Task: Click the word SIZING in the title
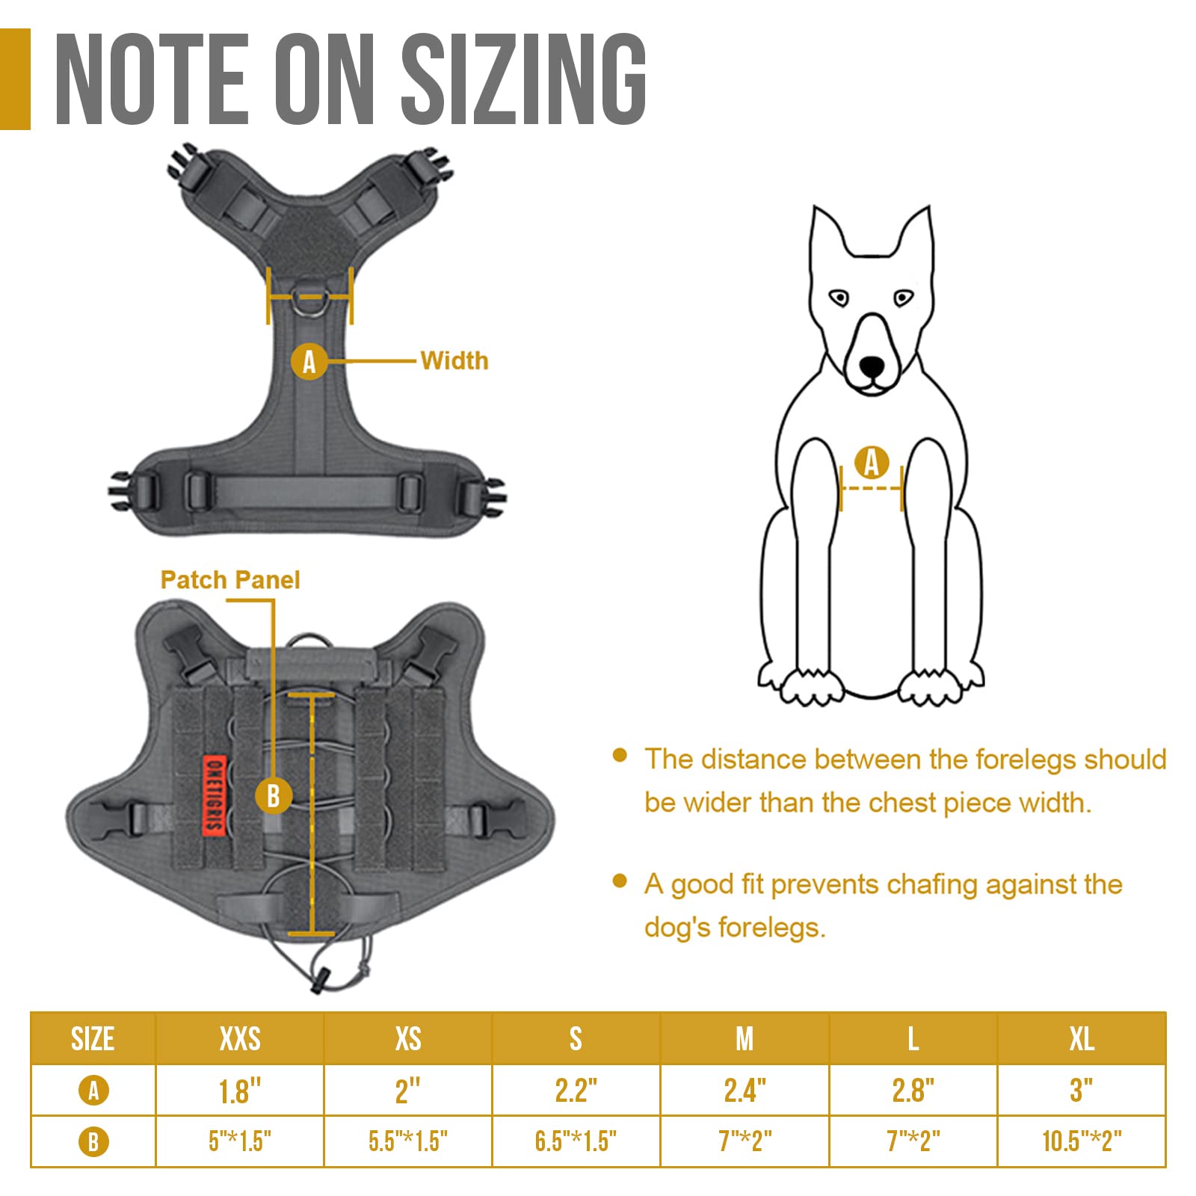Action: (524, 79)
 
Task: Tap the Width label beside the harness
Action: (454, 360)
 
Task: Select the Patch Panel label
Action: (230, 579)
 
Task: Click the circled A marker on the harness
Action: (309, 362)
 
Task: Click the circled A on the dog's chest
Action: (872, 463)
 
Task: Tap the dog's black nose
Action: (872, 366)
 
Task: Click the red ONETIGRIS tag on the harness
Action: (215, 794)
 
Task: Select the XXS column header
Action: (240, 1038)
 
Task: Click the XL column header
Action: (1082, 1038)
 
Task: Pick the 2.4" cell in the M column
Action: (745, 1091)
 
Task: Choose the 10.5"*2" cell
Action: (1082, 1141)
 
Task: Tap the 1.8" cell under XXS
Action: (240, 1091)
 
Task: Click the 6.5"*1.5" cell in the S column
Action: (576, 1141)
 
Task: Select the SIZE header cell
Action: (93, 1038)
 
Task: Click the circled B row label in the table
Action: (93, 1141)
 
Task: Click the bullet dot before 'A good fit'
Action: (619, 881)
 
